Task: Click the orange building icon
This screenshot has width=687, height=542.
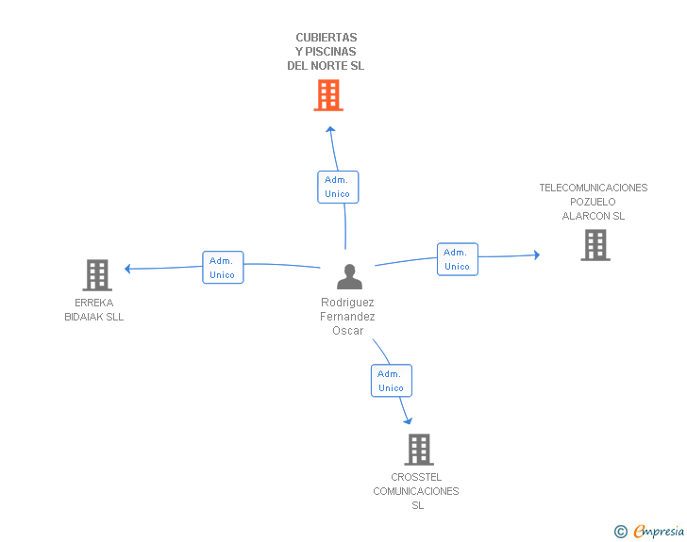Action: [x=328, y=95]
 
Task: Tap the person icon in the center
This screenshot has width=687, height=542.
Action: [x=349, y=277]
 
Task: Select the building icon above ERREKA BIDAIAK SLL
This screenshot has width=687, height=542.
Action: [x=97, y=275]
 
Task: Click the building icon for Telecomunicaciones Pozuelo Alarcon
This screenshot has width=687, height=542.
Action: [x=595, y=245]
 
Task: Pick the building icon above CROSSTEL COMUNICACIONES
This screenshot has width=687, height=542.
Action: [x=419, y=450]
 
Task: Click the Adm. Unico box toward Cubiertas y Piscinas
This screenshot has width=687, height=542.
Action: [x=338, y=187]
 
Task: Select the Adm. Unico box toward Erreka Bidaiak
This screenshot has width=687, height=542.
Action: [x=223, y=268]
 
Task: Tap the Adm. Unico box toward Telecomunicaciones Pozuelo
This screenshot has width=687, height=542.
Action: [x=458, y=259]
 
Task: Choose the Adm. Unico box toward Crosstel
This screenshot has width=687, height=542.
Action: [x=392, y=381]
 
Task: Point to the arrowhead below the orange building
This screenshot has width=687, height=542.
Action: [x=331, y=129]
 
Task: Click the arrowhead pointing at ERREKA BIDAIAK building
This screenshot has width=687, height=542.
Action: [x=128, y=269]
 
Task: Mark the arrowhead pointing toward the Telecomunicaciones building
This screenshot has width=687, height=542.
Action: [x=537, y=255]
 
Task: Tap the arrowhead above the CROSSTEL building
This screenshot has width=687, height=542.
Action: [x=408, y=421]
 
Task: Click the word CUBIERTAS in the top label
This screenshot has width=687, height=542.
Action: [x=327, y=38]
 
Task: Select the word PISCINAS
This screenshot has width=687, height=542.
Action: [x=331, y=52]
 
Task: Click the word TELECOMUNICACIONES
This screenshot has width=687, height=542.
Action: [x=594, y=188]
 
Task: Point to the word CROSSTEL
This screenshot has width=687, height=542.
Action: [x=416, y=477]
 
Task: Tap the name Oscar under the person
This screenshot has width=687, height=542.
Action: [x=348, y=331]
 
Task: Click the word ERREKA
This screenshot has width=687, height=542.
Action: [x=94, y=303]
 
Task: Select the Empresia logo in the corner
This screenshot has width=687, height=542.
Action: [x=649, y=531]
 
